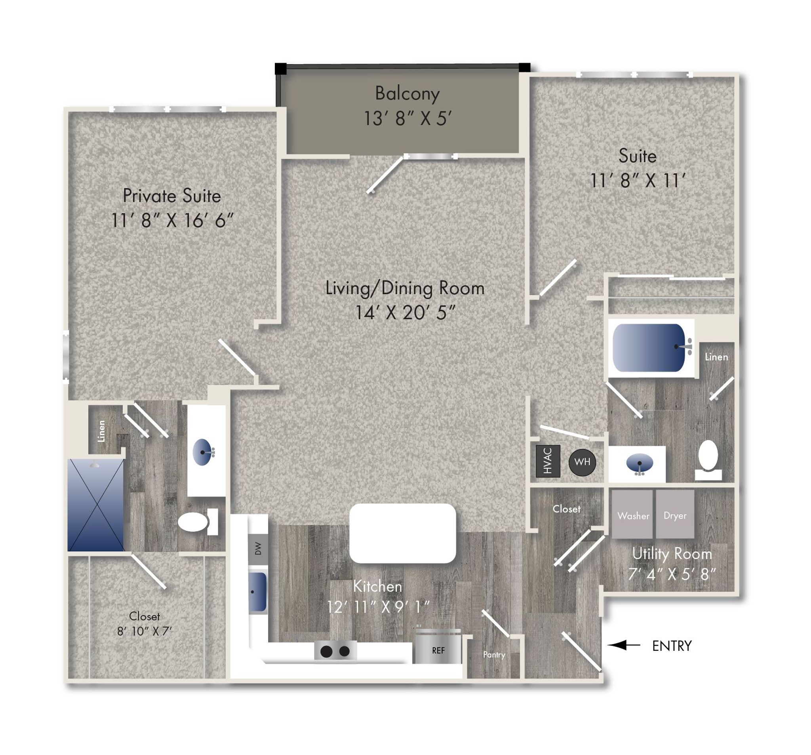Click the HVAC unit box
tap(548, 461)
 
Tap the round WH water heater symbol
tap(582, 461)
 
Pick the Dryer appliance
tap(675, 514)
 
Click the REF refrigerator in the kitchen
tap(438, 647)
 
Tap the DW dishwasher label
tap(258, 549)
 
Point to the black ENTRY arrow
tap(624, 645)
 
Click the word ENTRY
tap(672, 646)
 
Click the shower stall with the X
tap(96, 505)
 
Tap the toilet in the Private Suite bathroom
tap(198, 522)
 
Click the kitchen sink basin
tap(257, 592)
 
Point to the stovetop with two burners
tap(335, 651)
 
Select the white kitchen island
tap(403, 534)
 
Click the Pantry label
tap(494, 655)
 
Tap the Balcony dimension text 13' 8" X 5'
tap(407, 119)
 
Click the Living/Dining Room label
tap(405, 288)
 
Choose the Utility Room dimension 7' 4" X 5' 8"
tap(672, 574)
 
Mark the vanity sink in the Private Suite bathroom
tap(203, 452)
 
